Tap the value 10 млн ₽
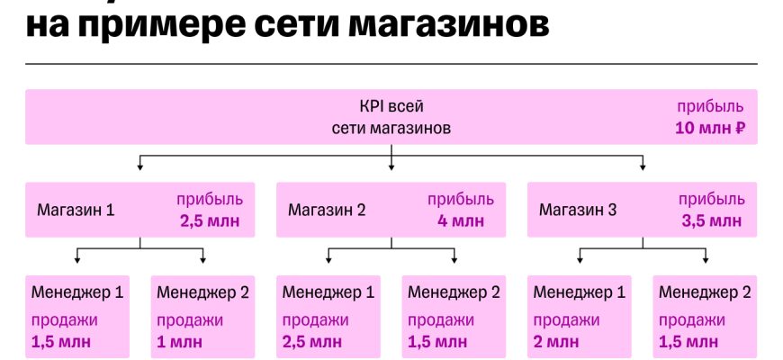(710, 129)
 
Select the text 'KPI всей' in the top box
(391, 105)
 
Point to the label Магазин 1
(76, 211)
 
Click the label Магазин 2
(327, 211)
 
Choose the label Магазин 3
(578, 211)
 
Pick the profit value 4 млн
(455, 221)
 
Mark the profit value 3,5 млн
(711, 221)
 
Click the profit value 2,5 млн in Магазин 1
(209, 221)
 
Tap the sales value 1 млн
(180, 342)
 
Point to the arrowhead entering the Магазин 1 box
(139, 166)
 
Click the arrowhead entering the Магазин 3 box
(643, 166)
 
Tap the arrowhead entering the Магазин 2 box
(391, 166)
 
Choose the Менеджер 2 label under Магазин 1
(202, 292)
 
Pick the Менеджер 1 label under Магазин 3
(580, 292)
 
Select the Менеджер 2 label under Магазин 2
(454, 292)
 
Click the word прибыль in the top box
(710, 105)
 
